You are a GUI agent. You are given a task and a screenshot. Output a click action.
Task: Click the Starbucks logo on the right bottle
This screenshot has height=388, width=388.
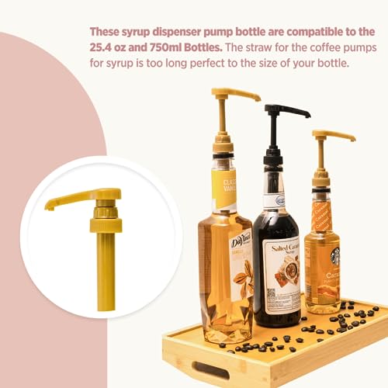335,256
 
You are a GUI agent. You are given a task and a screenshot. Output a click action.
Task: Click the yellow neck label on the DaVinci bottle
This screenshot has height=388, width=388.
225,190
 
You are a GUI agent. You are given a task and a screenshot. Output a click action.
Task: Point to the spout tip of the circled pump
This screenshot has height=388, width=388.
49,206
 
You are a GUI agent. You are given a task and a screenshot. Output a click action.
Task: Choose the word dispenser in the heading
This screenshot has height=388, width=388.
180,32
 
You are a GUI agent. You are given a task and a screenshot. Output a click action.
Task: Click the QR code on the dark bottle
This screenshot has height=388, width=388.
272,295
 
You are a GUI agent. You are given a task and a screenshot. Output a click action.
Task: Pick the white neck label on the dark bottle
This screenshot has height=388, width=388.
272,200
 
